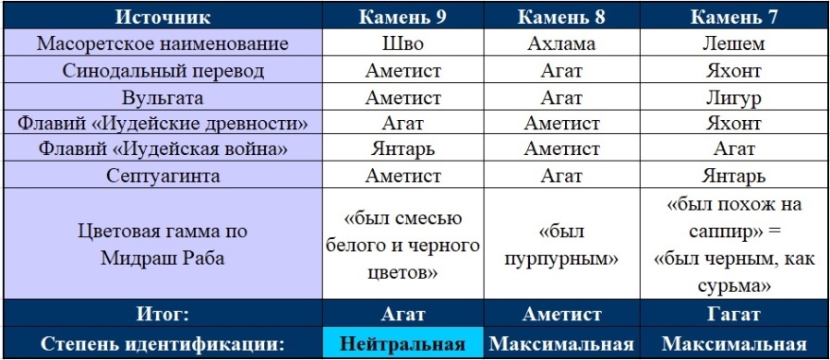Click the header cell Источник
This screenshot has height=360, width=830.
162,18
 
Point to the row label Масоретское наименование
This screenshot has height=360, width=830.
162,43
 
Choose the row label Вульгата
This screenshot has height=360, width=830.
162,97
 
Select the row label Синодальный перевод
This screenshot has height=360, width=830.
162,70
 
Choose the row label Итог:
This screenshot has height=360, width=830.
162,314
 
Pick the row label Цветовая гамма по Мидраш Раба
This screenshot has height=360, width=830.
162,244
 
